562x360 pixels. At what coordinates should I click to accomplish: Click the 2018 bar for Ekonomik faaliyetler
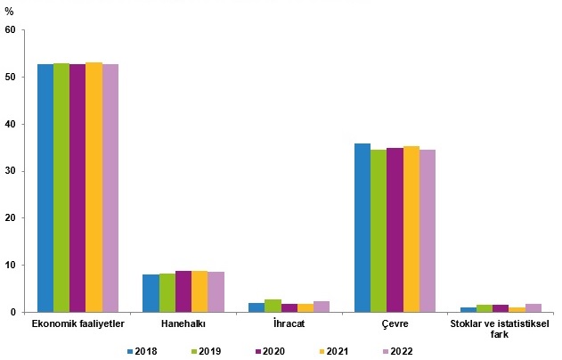(45, 188)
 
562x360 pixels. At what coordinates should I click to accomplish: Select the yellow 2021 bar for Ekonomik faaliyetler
(94, 187)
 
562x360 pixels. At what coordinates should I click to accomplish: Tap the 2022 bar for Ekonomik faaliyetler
(110, 188)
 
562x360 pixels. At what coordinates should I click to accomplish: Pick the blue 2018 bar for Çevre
(362, 228)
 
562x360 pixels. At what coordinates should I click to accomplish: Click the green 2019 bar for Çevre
(379, 231)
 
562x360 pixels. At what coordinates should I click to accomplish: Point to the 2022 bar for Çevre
(428, 231)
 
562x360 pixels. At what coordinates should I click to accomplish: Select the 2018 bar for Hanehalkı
(151, 293)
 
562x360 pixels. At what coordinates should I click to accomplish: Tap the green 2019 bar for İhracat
(273, 306)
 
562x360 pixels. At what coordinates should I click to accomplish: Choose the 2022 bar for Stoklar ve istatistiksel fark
(533, 308)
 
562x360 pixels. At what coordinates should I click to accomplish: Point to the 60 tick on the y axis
(11, 29)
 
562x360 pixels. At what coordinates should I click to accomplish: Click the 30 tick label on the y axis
(11, 171)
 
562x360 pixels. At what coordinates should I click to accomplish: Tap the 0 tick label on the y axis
(13, 312)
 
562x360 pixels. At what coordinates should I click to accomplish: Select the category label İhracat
(289, 323)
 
